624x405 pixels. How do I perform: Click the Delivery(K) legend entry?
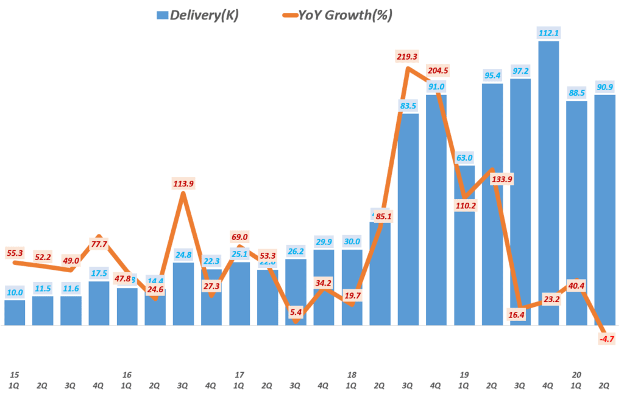pyautogui.click(x=197, y=15)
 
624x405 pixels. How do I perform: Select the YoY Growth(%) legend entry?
pyautogui.click(x=338, y=15)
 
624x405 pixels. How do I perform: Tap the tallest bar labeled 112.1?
pyautogui.click(x=548, y=183)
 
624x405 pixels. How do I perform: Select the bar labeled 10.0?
pyautogui.click(x=15, y=313)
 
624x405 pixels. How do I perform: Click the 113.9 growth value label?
pyautogui.click(x=183, y=184)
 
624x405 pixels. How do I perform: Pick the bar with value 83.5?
pyautogui.click(x=408, y=219)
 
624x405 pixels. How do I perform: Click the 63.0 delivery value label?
pyautogui.click(x=464, y=158)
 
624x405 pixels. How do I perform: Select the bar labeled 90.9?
pyautogui.click(x=604, y=210)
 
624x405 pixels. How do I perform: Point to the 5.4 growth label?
pyautogui.click(x=295, y=312)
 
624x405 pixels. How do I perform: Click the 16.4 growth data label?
pyautogui.click(x=520, y=314)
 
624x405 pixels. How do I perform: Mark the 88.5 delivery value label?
pyautogui.click(x=576, y=94)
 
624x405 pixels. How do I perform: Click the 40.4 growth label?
pyautogui.click(x=576, y=284)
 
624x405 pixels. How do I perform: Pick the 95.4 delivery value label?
pyautogui.click(x=492, y=76)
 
